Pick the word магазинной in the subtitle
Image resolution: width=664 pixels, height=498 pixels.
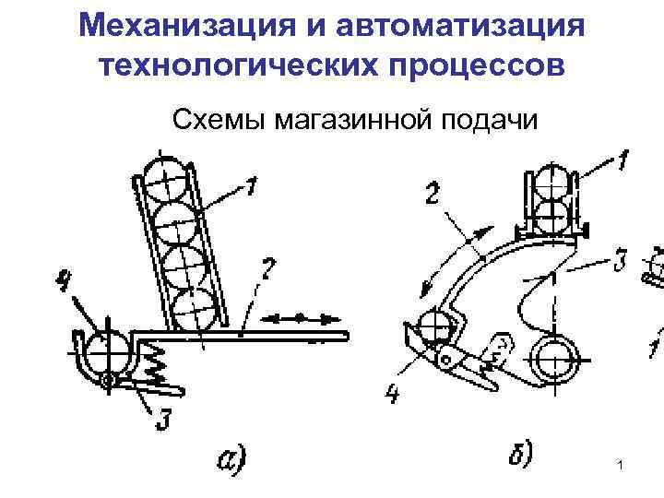tap(353, 120)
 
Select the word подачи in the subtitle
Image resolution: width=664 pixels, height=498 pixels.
tap(488, 120)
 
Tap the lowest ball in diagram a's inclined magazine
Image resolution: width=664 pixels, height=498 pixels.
tap(196, 308)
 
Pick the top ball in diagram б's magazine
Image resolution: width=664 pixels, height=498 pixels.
tap(549, 180)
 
